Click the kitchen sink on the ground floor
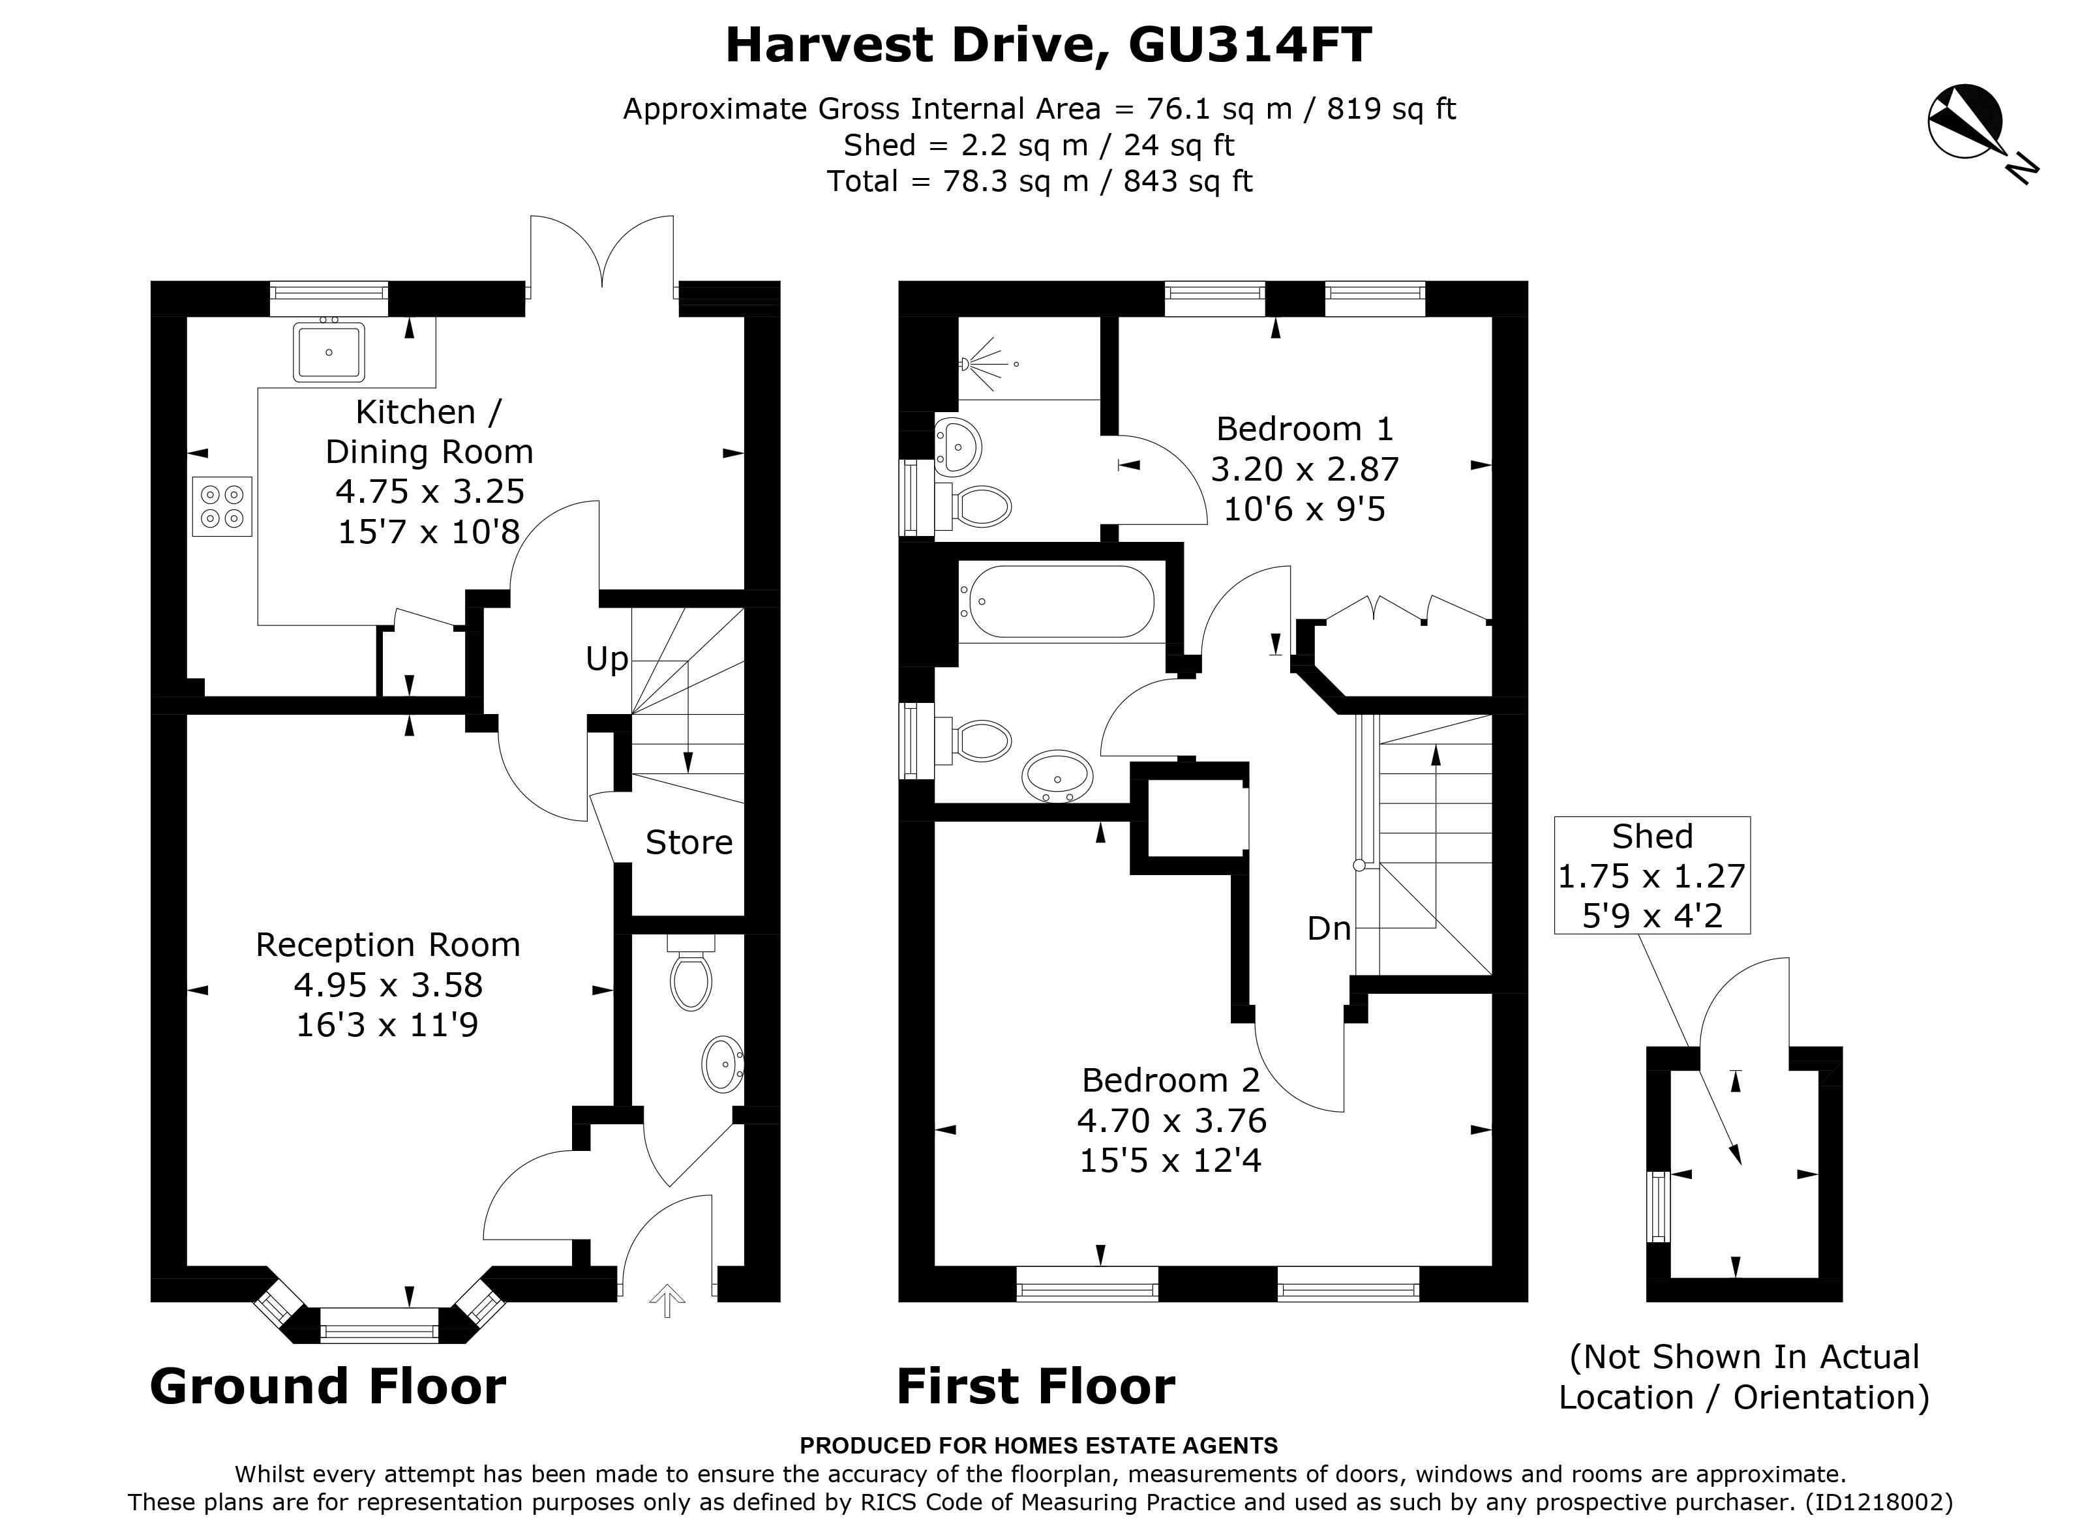point(328,351)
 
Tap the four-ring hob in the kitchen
point(222,506)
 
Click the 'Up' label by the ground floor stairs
point(607,659)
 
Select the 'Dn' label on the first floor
point(1328,929)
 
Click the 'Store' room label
point(688,842)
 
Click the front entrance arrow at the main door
point(667,1301)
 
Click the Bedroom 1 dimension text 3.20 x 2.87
point(1304,469)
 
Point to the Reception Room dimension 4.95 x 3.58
point(388,985)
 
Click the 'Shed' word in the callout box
point(1651,835)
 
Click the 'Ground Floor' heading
point(327,1386)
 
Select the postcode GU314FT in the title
point(1250,44)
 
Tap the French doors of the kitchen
point(602,254)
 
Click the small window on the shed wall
point(1658,1206)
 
